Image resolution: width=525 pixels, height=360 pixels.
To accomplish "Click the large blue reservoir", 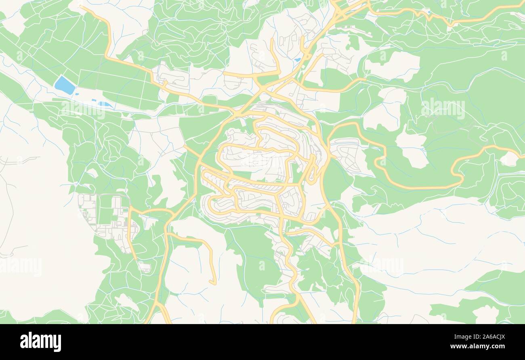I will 65,85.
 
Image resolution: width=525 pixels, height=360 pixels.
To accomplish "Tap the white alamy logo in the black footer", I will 41,341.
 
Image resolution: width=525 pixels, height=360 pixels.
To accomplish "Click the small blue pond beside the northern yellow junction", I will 298,60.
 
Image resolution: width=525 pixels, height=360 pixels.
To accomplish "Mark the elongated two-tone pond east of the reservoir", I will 105,104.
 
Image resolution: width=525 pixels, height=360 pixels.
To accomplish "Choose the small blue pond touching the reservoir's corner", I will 76,93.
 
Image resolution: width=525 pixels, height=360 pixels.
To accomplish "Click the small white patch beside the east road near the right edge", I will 510,159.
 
